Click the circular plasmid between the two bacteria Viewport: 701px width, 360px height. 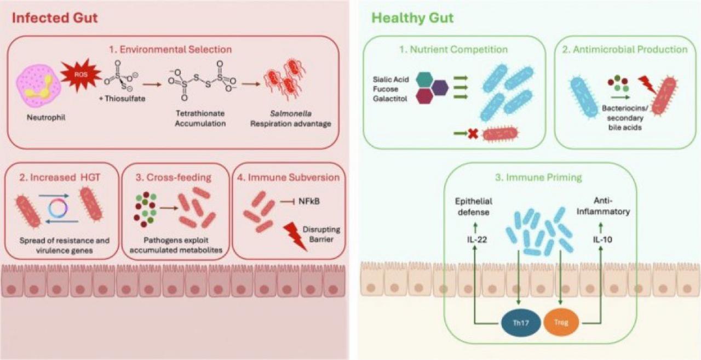click(x=60, y=209)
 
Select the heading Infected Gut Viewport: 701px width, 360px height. click(x=55, y=18)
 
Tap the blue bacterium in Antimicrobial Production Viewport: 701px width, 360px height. click(x=585, y=98)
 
